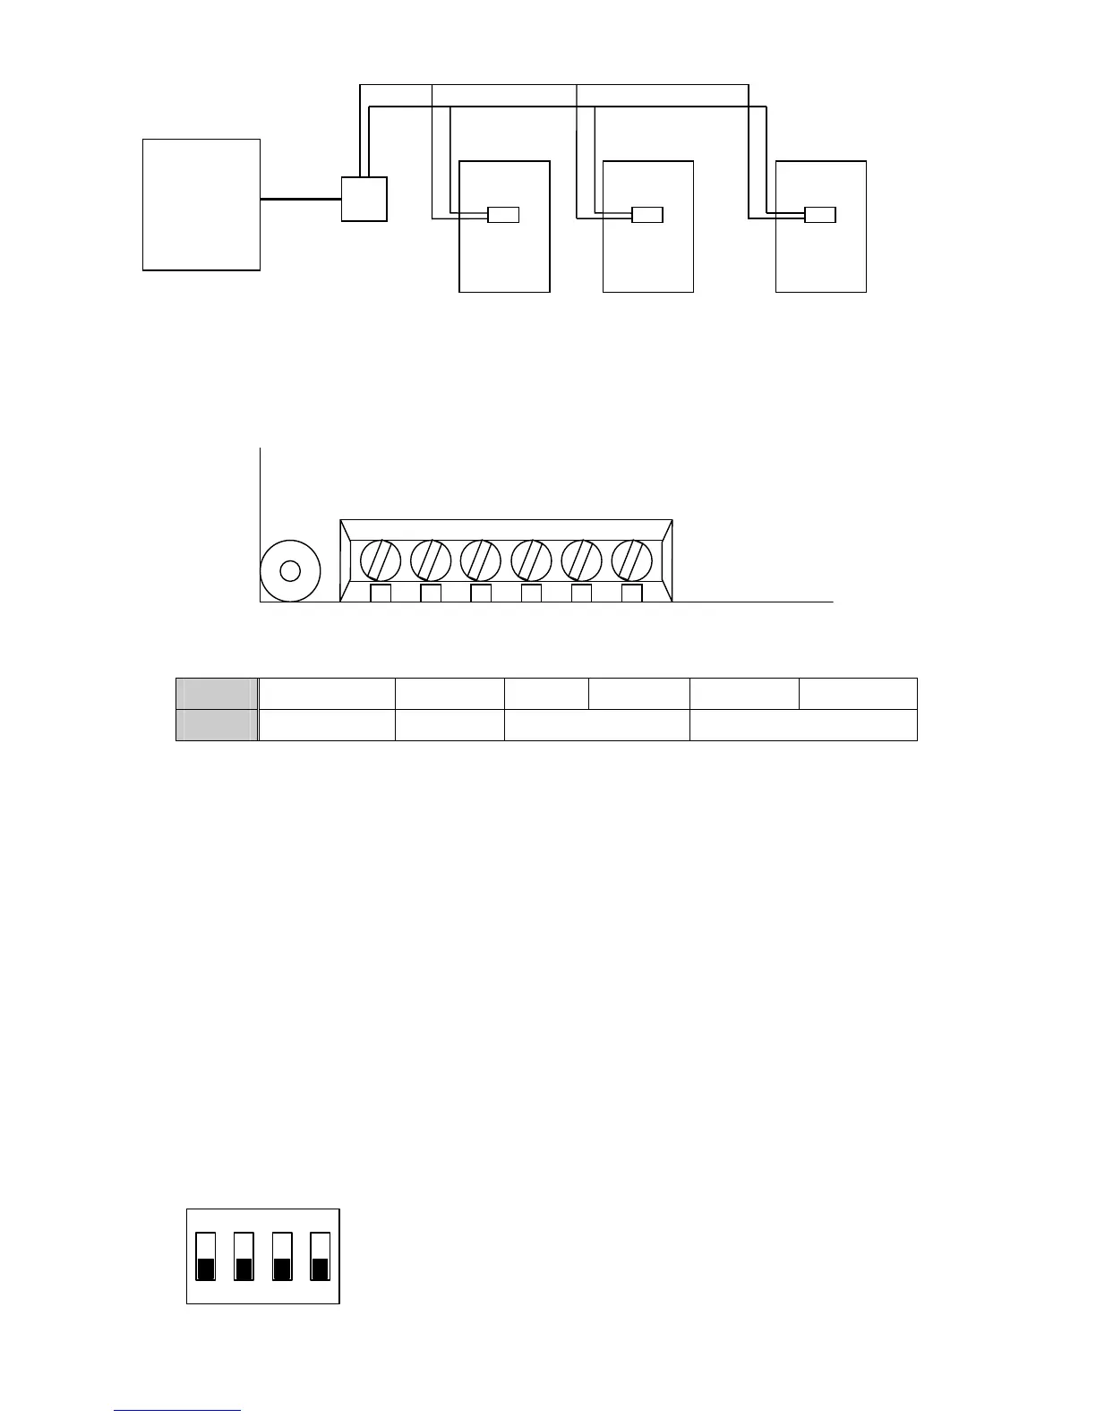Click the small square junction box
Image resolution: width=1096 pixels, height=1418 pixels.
pyautogui.click(x=364, y=199)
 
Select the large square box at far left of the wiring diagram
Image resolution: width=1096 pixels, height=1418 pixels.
pyautogui.click(x=201, y=204)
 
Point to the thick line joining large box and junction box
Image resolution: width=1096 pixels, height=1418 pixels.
pyautogui.click(x=301, y=199)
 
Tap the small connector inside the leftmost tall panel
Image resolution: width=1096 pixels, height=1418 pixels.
pyautogui.click(x=503, y=215)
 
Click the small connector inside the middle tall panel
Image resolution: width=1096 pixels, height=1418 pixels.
pyautogui.click(x=647, y=215)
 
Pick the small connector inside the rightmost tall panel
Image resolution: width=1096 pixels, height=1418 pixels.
pyautogui.click(x=820, y=215)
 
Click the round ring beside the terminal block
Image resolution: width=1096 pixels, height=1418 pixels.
pyautogui.click(x=290, y=570)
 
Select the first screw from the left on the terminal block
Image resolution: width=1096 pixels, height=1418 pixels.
pyautogui.click(x=381, y=560)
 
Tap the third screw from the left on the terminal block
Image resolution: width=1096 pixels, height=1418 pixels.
pyautogui.click(x=481, y=560)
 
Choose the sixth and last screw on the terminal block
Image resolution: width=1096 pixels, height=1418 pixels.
pyautogui.click(x=632, y=560)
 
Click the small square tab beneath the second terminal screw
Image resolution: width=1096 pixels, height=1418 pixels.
pyautogui.click(x=431, y=593)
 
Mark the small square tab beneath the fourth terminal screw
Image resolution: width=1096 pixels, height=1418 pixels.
pyautogui.click(x=531, y=593)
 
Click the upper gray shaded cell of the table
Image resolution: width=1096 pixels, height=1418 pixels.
pyautogui.click(x=217, y=694)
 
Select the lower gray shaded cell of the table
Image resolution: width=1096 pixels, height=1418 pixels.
pyautogui.click(x=217, y=725)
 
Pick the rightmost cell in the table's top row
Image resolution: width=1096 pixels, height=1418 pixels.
pyautogui.click(x=858, y=694)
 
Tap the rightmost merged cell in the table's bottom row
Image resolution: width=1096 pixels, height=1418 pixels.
pyautogui.click(x=803, y=725)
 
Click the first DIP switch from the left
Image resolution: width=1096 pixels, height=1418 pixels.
pyautogui.click(x=206, y=1257)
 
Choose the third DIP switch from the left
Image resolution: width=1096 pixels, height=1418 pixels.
pyautogui.click(x=282, y=1257)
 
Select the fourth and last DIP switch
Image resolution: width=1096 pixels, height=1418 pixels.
pyautogui.click(x=320, y=1257)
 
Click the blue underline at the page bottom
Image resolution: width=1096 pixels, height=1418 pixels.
pyautogui.click(x=177, y=1411)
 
